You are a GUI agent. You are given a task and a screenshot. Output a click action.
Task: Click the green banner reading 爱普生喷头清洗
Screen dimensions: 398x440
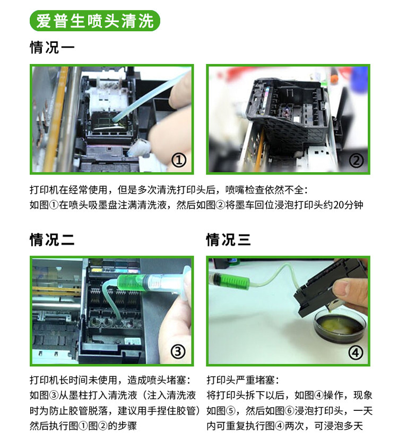[94, 21]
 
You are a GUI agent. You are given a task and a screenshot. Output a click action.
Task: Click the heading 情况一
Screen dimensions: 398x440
[52, 47]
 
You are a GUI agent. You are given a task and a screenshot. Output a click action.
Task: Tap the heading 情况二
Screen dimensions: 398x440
[52, 240]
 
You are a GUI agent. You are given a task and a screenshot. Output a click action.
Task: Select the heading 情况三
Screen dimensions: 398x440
[228, 240]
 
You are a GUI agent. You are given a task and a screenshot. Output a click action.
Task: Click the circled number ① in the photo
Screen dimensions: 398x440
[179, 160]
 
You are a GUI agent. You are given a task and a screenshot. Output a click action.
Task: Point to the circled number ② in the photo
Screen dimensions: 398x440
[356, 161]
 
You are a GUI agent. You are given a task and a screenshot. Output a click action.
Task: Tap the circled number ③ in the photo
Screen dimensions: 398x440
[178, 351]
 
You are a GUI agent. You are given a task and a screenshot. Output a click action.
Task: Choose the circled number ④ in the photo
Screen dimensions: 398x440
[356, 353]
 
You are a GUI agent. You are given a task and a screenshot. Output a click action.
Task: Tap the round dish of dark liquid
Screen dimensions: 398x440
[340, 326]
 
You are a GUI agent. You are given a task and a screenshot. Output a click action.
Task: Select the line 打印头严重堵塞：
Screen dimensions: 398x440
[243, 380]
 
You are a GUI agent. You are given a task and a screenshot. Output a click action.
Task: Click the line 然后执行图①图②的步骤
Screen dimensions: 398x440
[83, 426]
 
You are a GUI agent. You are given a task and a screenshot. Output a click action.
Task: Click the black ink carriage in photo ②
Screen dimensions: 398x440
[289, 112]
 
